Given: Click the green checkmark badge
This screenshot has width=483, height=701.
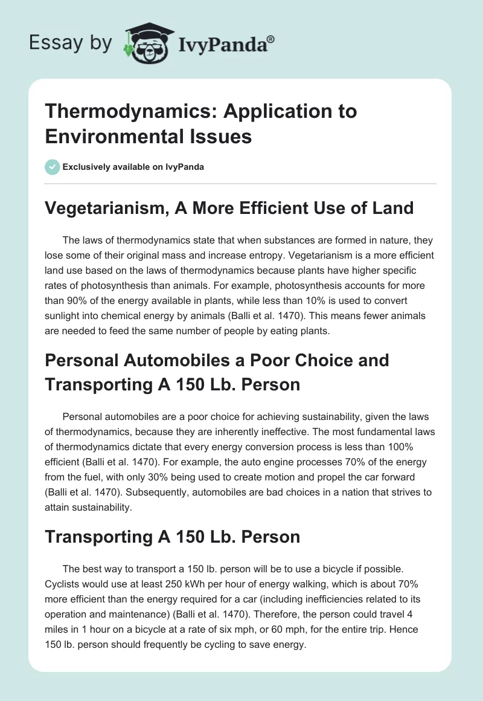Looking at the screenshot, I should tap(53, 167).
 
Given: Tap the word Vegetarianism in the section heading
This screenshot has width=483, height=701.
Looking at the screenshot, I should tap(103, 208).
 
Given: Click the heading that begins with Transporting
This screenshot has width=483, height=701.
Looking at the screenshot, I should tap(172, 537).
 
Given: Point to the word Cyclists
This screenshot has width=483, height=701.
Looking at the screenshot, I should tap(64, 585).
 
